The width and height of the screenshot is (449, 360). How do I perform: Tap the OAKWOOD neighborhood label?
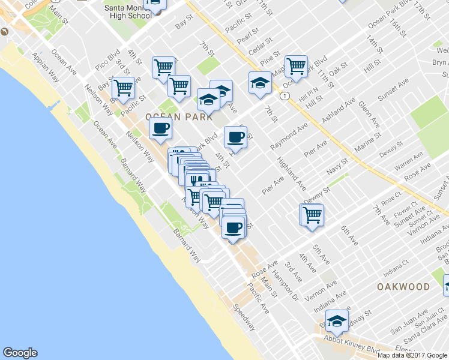(403, 287)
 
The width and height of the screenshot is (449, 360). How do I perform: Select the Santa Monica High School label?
(128, 11)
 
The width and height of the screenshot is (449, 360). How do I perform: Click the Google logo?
(20, 353)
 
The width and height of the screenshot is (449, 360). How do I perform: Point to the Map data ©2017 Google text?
(412, 355)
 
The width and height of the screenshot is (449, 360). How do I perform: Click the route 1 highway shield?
(284, 95)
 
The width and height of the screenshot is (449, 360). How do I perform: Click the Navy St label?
(337, 164)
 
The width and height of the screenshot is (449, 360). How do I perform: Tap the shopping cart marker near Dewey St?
(312, 214)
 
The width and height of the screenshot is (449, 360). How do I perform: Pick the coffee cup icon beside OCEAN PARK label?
(160, 127)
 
